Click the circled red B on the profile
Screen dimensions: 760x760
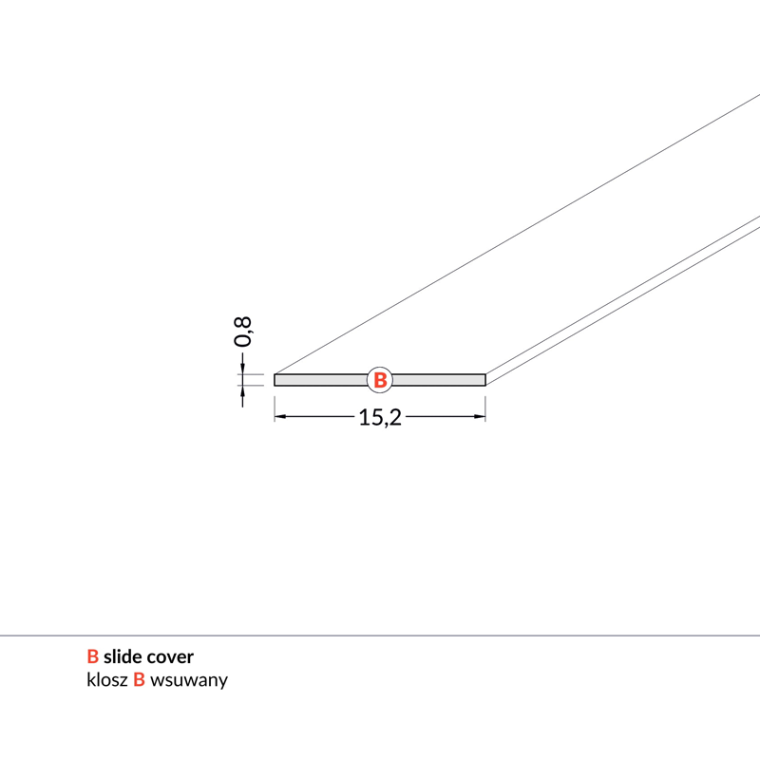(x=380, y=379)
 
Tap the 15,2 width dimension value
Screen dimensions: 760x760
(x=380, y=417)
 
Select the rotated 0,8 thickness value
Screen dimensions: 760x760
(x=242, y=332)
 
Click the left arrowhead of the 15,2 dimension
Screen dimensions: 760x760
(x=279, y=416)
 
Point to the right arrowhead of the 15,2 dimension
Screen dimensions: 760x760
(x=480, y=416)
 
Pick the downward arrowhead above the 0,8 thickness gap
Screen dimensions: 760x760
(x=242, y=369)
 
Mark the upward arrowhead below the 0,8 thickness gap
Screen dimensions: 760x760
(x=242, y=391)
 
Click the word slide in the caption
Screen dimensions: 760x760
(x=123, y=656)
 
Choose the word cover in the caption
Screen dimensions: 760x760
(x=170, y=657)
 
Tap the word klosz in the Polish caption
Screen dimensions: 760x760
(x=107, y=679)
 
